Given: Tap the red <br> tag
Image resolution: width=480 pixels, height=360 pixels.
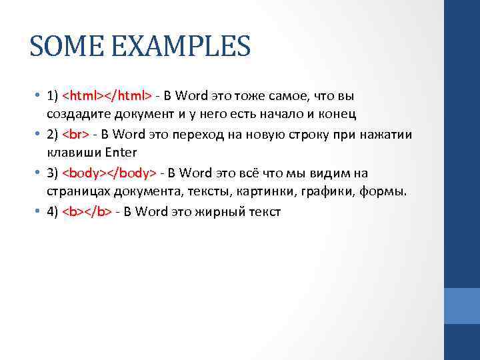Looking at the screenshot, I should pos(75,135).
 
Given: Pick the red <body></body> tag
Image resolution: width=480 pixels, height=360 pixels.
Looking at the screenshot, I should pos(109,173).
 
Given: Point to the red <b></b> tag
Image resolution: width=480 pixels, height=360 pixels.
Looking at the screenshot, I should pos(87,212).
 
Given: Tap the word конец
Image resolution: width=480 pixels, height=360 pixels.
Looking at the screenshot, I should pos(337,114).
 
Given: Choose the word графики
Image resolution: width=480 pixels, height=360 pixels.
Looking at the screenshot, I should pos(321,191).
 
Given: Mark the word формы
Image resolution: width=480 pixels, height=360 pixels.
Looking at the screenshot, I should pos(382,191).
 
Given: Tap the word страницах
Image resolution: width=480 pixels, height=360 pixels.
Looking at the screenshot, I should pos(75,191).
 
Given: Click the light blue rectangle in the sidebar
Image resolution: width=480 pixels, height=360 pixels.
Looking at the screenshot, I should pos(461,306).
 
